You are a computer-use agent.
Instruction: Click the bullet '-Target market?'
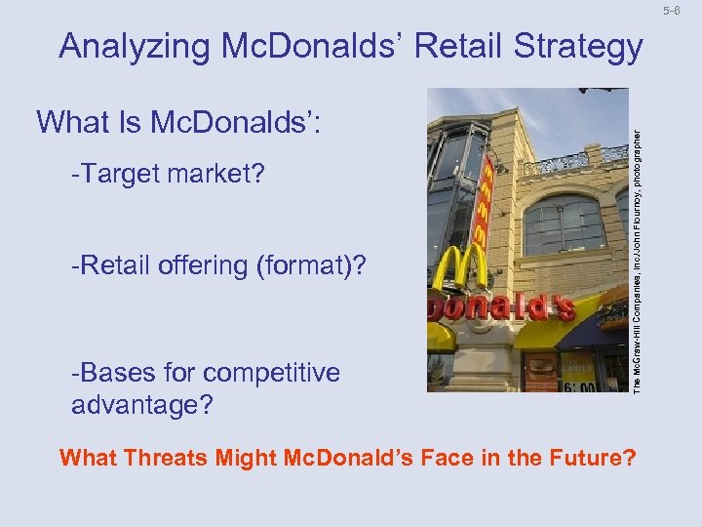(x=168, y=175)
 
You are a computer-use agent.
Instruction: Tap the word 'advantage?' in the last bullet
(x=142, y=404)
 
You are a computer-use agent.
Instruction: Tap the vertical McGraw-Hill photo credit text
(x=637, y=239)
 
